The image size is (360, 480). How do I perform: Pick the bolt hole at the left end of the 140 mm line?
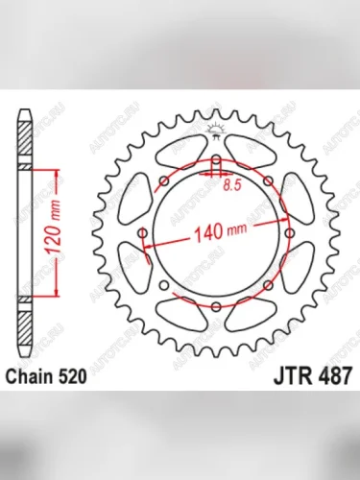point(143,233)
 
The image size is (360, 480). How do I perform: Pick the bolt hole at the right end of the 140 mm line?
point(289,233)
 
